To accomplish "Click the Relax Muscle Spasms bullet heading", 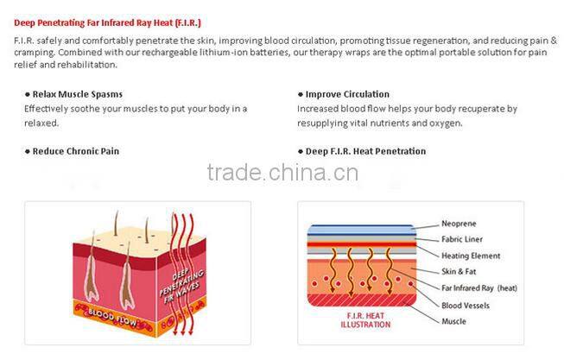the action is click(x=73, y=94).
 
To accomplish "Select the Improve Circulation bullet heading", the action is click(x=344, y=94).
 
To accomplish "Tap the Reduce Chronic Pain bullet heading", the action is click(x=72, y=151).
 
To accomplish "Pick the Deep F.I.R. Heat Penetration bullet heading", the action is click(x=362, y=151).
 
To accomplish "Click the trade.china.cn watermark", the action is click(x=282, y=173).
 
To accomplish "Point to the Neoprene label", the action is click(x=459, y=224).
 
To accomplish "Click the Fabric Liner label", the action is click(x=462, y=239).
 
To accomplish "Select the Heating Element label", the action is click(x=471, y=256).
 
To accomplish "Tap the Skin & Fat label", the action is click(x=459, y=272).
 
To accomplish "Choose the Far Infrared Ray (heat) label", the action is click(x=479, y=288).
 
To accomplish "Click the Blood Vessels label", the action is click(x=466, y=306).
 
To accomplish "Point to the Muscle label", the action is click(x=453, y=321).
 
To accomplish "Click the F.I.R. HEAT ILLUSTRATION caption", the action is click(x=365, y=320).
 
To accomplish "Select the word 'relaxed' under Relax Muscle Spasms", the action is click(x=41, y=123).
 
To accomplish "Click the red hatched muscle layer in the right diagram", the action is click(x=362, y=300).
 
